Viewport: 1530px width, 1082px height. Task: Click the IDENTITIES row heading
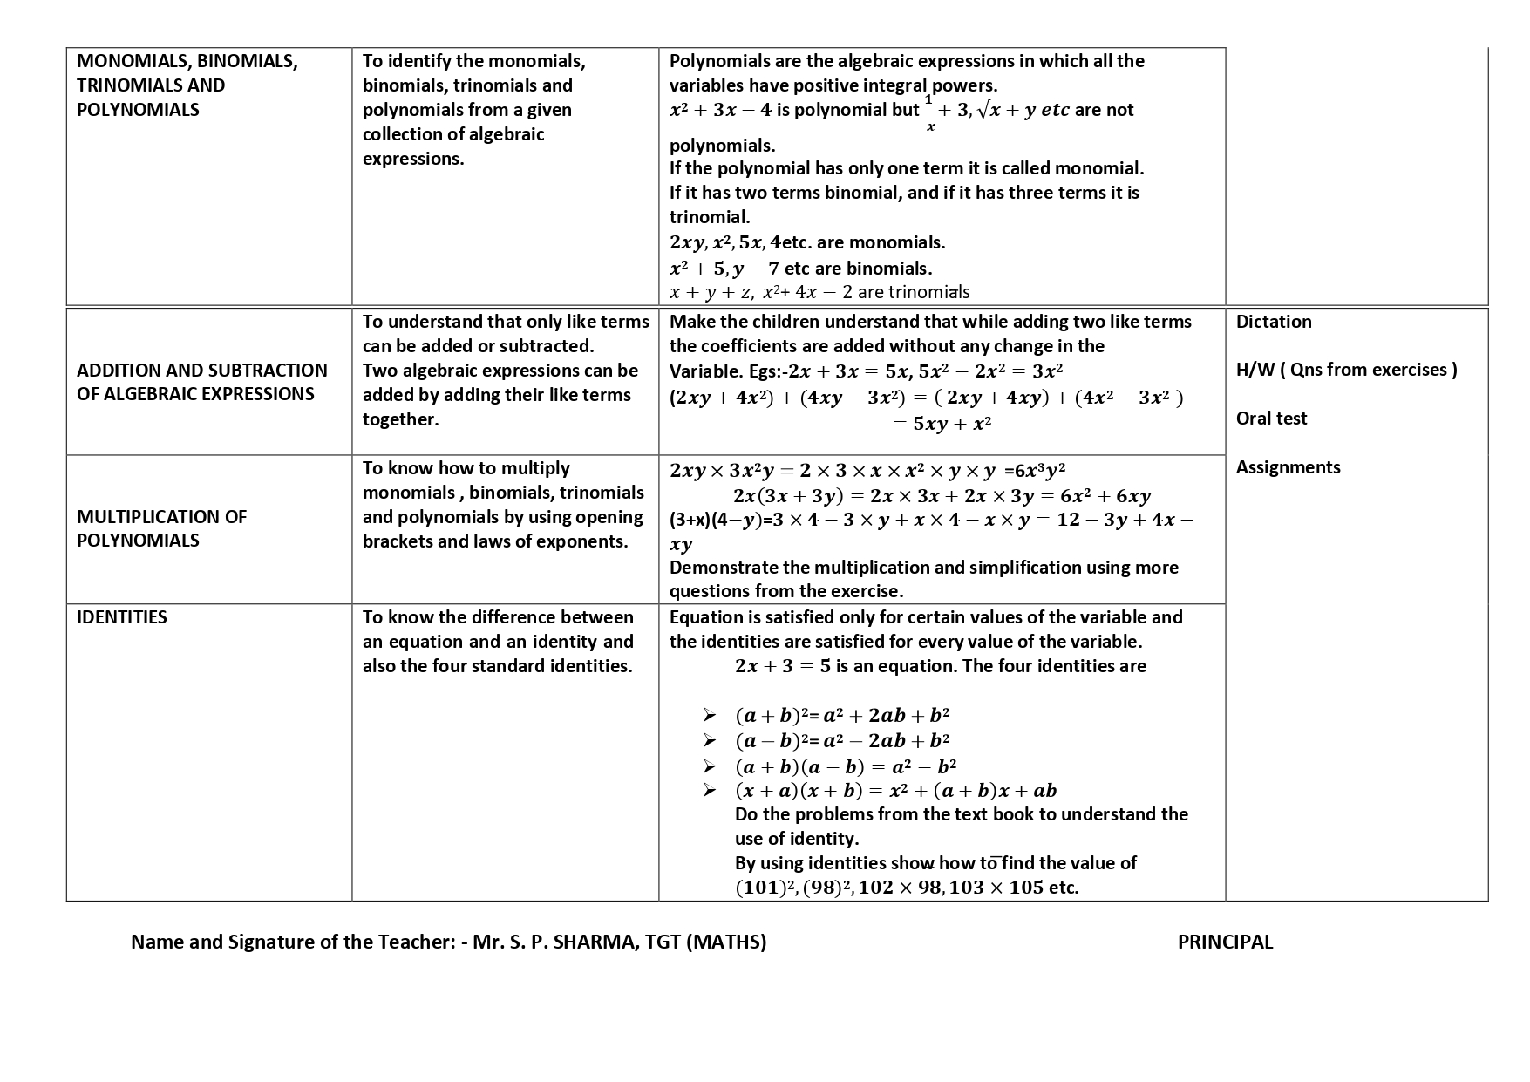tap(122, 617)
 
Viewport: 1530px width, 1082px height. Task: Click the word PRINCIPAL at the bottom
tap(1225, 942)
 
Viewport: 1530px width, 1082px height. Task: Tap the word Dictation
tap(1274, 322)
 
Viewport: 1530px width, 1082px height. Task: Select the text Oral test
tap(1271, 419)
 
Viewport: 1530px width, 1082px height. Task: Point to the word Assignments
tap(1288, 467)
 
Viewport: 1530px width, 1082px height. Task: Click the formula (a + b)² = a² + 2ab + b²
tap(842, 716)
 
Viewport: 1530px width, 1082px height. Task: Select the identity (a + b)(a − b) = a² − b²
tap(846, 766)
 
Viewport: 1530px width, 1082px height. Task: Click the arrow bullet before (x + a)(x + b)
tap(710, 790)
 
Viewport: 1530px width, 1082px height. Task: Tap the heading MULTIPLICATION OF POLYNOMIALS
tap(162, 528)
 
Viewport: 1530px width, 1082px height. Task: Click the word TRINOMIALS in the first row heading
tap(123, 85)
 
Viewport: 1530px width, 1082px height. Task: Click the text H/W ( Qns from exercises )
tap(1346, 370)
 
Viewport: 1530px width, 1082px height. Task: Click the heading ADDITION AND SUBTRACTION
tap(202, 371)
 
